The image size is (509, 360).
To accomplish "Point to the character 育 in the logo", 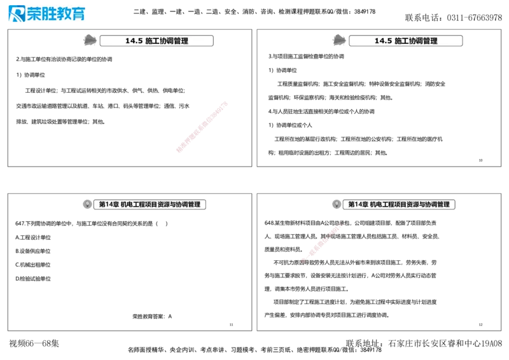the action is click(78, 13).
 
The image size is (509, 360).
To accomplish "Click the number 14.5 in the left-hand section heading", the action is click(134, 41).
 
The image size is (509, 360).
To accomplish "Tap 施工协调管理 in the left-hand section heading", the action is click(167, 41).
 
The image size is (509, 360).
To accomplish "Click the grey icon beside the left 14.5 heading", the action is click(90, 40).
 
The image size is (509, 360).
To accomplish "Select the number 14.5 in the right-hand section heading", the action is click(383, 41).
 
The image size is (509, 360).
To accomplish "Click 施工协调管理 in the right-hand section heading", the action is click(416, 41).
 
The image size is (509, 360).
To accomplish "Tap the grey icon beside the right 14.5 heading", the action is click(339, 40).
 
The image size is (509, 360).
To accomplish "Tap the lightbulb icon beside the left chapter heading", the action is click(87, 204).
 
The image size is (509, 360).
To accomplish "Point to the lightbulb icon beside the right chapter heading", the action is click(337, 204).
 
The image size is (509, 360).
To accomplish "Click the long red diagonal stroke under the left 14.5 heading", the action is click(201, 126).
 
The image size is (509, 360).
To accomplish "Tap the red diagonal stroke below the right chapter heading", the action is click(322, 242).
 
